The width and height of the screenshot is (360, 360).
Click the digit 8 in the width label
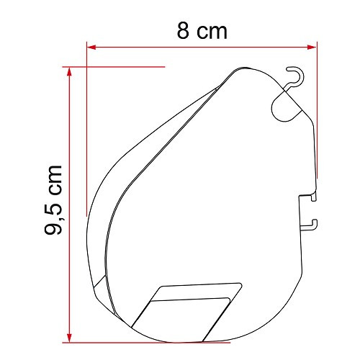point(184,31)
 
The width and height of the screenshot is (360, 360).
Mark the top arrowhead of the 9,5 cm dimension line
point(69,72)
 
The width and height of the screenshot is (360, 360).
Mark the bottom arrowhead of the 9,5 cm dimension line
point(69,335)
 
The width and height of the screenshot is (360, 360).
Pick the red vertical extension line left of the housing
point(86,144)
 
